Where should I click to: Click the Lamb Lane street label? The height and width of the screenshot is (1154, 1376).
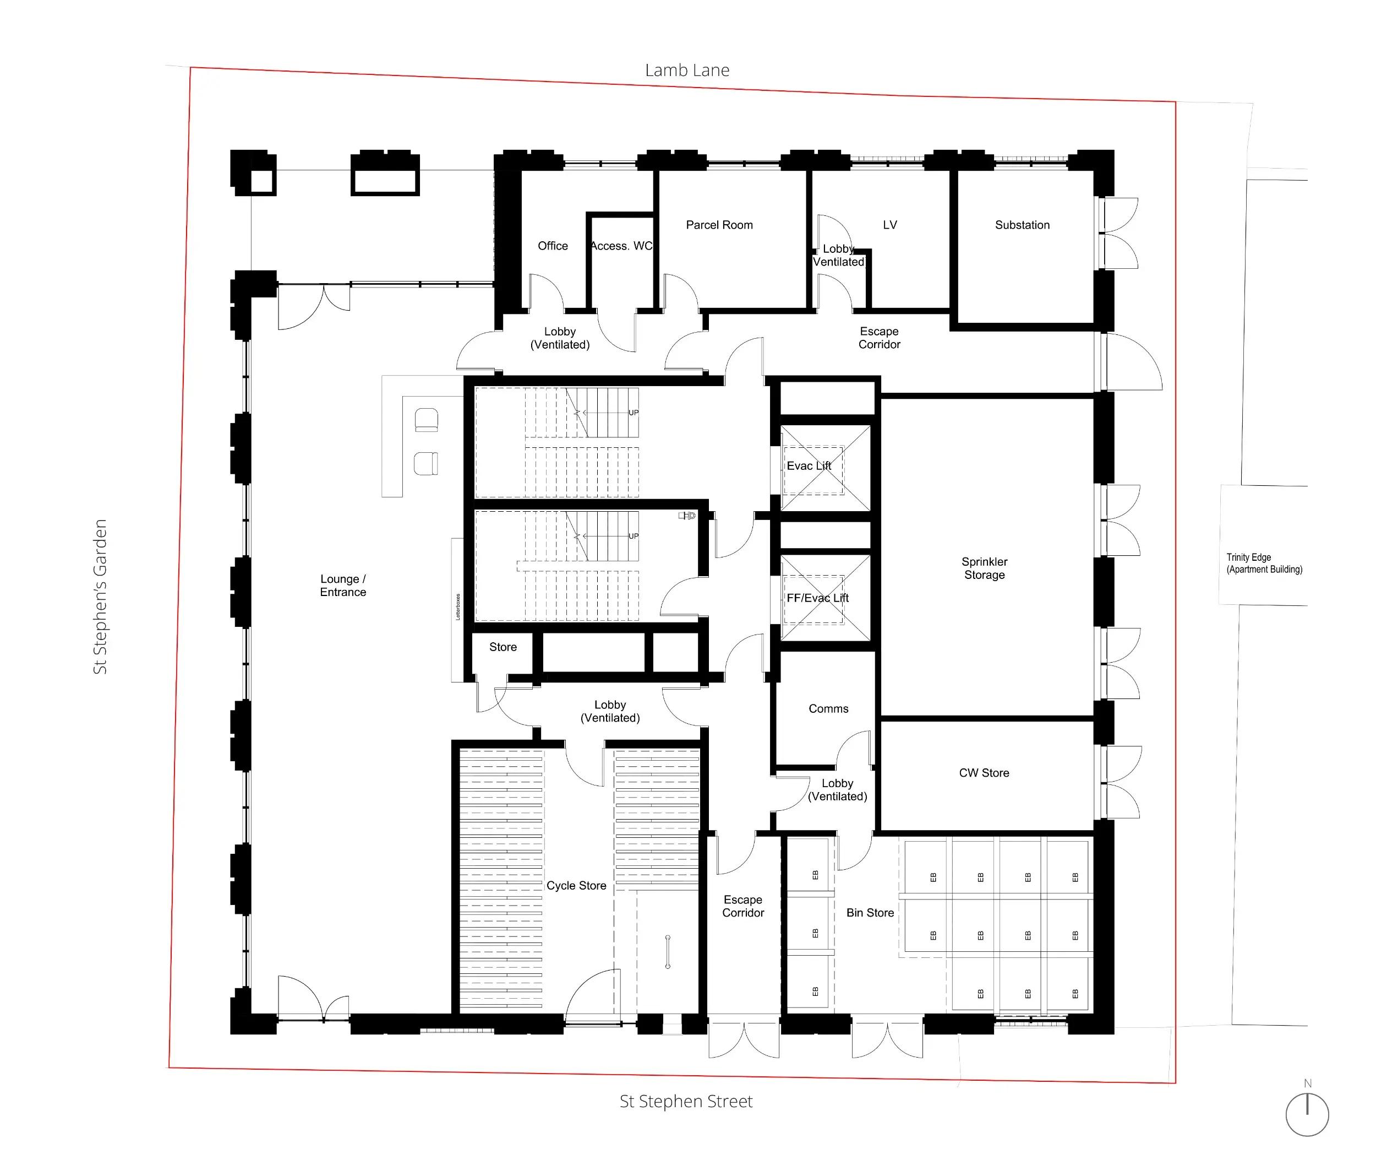(x=687, y=70)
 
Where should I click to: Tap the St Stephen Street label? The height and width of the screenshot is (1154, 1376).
(x=686, y=1101)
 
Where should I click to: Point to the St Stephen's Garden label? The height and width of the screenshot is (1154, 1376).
(x=100, y=596)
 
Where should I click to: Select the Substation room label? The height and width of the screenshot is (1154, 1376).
(x=1022, y=225)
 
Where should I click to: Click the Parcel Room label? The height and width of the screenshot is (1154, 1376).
(x=719, y=225)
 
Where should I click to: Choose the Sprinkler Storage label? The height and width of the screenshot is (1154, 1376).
(x=984, y=568)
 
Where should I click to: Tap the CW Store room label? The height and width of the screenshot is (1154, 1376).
(x=984, y=772)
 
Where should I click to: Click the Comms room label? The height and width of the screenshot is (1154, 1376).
(x=828, y=708)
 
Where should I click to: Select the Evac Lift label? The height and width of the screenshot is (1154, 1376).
(x=809, y=465)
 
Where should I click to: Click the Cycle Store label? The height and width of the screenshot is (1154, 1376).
(x=576, y=885)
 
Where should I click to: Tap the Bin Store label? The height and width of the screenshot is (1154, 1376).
(x=870, y=912)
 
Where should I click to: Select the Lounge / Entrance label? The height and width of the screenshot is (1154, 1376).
(x=343, y=585)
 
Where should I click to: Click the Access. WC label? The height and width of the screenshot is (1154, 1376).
(x=621, y=246)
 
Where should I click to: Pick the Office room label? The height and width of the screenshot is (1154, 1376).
(x=553, y=246)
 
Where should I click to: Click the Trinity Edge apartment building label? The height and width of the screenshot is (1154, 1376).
(x=1264, y=564)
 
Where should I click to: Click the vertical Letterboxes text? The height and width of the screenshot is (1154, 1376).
(x=458, y=606)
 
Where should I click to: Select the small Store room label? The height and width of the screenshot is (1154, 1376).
(x=503, y=647)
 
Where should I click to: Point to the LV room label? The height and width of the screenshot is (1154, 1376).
(x=889, y=225)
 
